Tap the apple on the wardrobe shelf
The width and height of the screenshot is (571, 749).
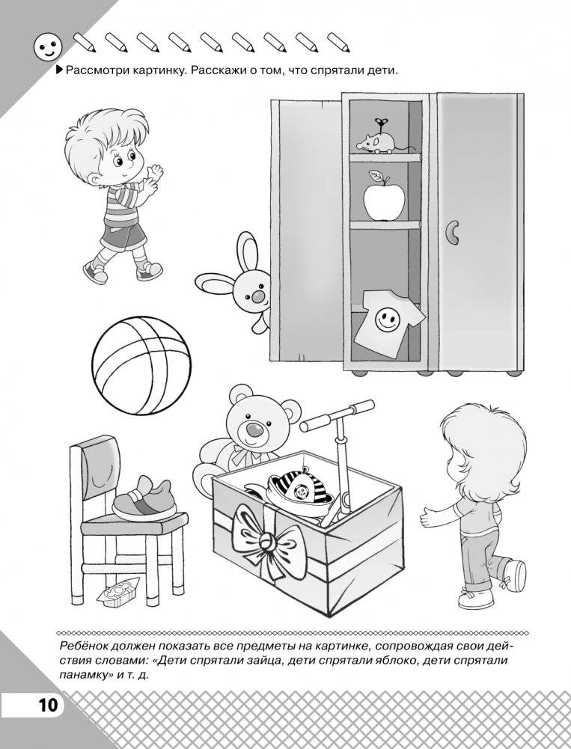click(383, 198)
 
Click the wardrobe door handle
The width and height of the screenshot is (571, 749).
click(451, 232)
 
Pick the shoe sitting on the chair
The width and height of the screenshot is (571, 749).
click(143, 498)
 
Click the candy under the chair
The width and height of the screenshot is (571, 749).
click(117, 593)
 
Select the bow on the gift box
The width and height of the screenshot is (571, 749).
click(266, 539)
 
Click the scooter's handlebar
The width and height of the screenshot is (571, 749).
click(337, 415)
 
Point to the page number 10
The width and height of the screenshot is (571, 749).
click(48, 705)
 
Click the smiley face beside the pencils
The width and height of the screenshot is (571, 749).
click(48, 47)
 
